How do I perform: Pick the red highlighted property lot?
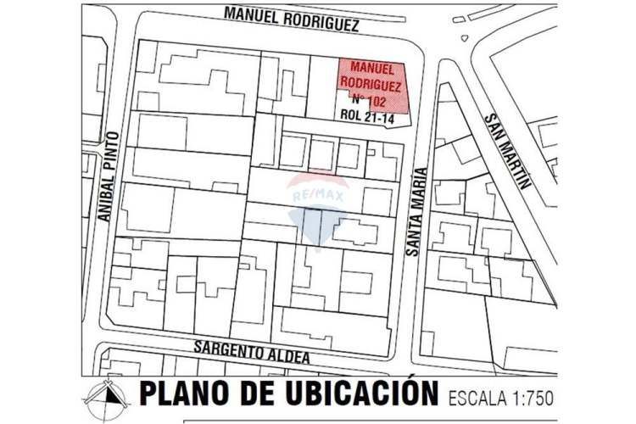coord(373,85)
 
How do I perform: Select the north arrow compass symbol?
coord(105,397)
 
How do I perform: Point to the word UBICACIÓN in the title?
coord(366,395)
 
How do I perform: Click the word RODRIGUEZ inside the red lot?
coord(371,83)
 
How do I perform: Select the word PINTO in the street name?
coord(105,155)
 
